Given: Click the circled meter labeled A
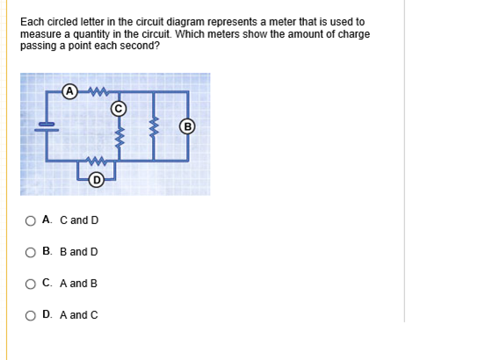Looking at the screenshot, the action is coord(70,91).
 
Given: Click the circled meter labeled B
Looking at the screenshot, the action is coord(187,126).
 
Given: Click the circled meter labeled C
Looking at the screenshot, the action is coord(119,109).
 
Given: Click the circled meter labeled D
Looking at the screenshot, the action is coord(97,180).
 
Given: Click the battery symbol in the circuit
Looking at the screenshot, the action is coord(47,127).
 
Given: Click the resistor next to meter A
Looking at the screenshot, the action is coord(98,91).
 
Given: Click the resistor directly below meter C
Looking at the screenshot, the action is coord(119,137).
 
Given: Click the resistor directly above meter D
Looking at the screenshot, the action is coord(96,161).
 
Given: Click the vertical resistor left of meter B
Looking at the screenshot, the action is coord(154,127).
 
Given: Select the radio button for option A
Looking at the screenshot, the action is coord(30,221).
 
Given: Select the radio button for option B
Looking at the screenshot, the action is coord(30,253).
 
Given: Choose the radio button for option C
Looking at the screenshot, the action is coord(30,284).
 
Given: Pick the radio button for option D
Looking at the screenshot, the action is coord(30,315).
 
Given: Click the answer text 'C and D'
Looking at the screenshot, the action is coord(79,220).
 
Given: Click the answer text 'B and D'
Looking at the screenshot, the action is coord(79,252).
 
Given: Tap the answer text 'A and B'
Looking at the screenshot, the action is coord(78,284).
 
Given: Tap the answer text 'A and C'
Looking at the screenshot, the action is coord(79,315).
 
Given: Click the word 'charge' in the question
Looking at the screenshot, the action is coord(354,34).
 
